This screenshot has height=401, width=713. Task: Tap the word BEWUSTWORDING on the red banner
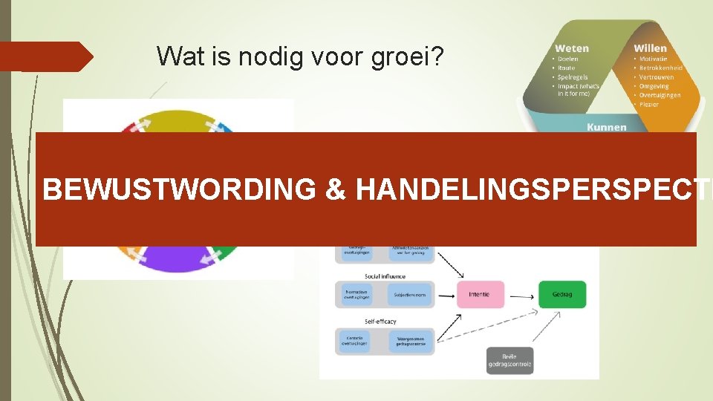(x=179, y=190)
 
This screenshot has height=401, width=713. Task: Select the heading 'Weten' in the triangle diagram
(x=573, y=48)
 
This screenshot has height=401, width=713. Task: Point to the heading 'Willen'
(x=650, y=48)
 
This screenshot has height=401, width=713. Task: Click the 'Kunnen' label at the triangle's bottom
(x=606, y=127)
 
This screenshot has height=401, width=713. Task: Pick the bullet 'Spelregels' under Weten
(x=572, y=76)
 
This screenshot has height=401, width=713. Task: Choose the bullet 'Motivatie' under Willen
(x=653, y=59)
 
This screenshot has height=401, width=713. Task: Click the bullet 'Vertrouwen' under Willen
(x=657, y=76)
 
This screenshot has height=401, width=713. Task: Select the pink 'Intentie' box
(x=479, y=294)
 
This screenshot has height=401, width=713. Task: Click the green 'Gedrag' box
(x=561, y=294)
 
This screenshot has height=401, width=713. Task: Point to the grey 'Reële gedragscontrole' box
(x=510, y=361)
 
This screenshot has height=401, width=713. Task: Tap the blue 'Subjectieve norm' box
(x=409, y=294)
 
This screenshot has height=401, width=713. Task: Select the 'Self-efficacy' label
(x=380, y=322)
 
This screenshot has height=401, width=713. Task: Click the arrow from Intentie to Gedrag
(x=521, y=294)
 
